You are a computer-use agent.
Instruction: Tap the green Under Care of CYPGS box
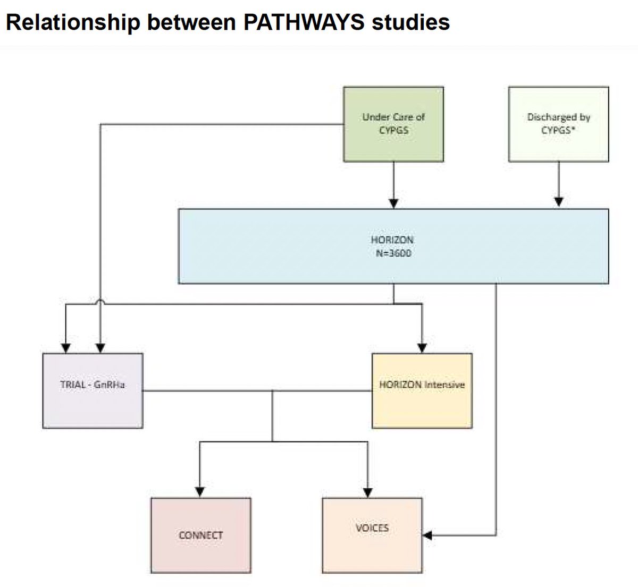(393, 124)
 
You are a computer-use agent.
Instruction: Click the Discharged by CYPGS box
(558, 124)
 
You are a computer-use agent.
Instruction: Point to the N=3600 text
(393, 253)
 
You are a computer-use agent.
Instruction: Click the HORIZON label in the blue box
(393, 240)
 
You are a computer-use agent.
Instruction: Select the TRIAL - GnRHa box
(93, 390)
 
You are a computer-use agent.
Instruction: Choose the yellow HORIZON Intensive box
(422, 390)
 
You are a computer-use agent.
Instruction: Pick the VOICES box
(372, 534)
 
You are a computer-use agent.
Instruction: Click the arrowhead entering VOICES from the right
(427, 535)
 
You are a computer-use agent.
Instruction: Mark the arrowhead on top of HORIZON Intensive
(422, 348)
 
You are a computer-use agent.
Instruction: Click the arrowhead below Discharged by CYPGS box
(558, 202)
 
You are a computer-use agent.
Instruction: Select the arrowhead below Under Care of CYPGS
(393, 202)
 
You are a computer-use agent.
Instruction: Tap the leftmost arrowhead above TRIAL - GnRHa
(66, 348)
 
